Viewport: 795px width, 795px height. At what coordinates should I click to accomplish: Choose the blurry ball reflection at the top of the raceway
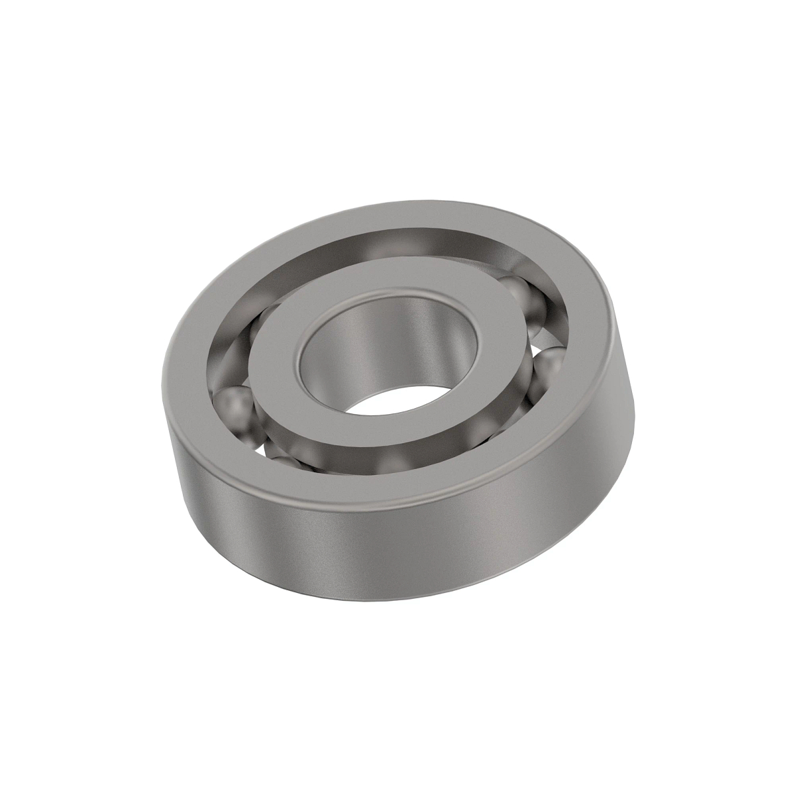[384, 248]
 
